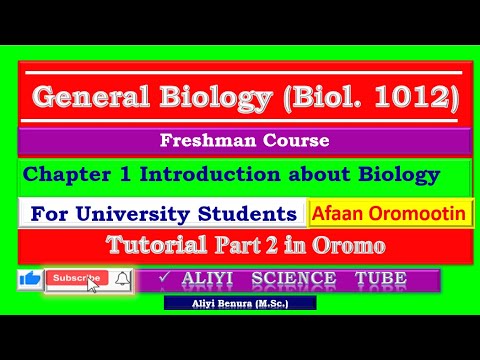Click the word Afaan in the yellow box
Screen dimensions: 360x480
(x=340, y=213)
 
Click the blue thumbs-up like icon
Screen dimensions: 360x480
(x=29, y=279)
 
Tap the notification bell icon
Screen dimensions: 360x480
(x=122, y=279)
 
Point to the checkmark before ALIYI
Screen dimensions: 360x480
(x=162, y=278)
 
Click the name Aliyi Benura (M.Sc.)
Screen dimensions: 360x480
(x=239, y=301)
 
